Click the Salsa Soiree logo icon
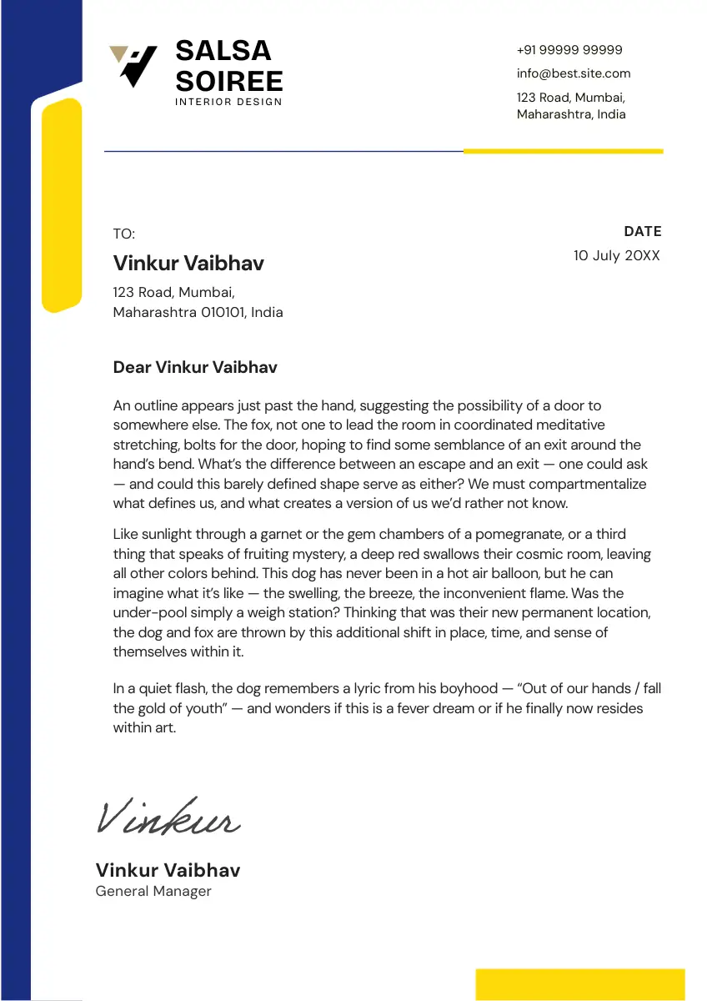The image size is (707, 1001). (133, 65)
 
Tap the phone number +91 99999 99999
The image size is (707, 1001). (569, 50)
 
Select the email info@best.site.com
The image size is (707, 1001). (574, 73)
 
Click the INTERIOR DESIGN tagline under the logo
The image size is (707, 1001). (228, 102)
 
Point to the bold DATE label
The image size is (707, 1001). (642, 231)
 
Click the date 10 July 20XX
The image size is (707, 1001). (616, 256)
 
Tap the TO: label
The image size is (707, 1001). (123, 234)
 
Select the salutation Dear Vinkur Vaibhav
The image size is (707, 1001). (195, 367)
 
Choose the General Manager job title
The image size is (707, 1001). (153, 891)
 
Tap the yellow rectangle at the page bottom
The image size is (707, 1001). (579, 984)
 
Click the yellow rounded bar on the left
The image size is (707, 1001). (62, 204)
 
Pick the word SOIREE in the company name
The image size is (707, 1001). (229, 82)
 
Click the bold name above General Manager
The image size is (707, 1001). (168, 870)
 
